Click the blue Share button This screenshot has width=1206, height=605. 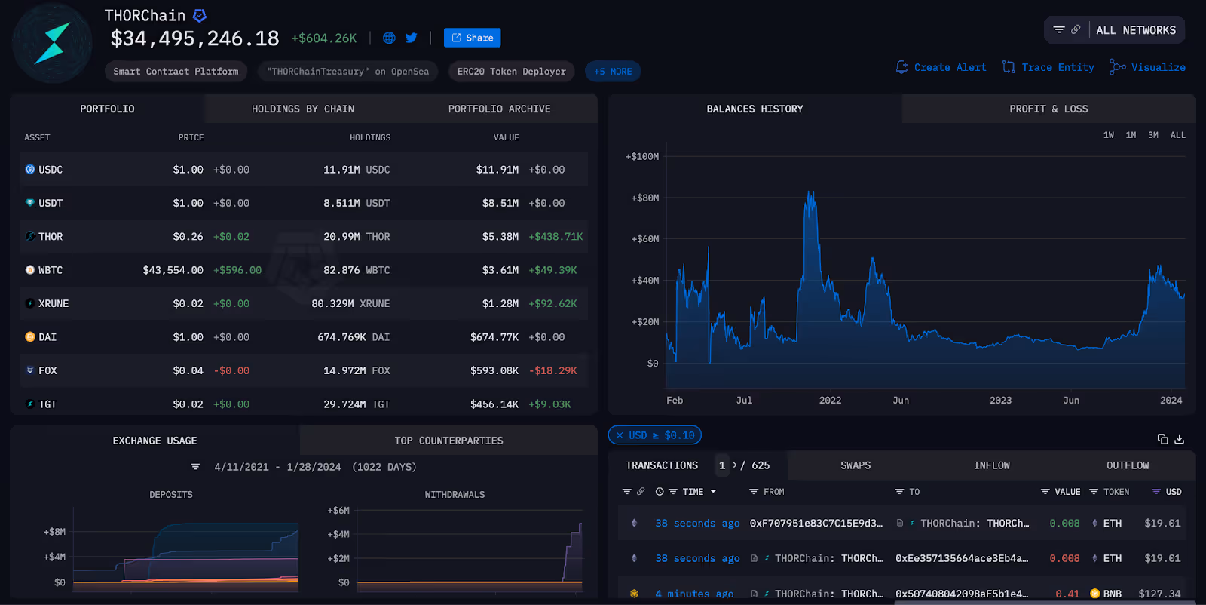472,38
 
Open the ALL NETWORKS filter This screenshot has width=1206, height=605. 1135,30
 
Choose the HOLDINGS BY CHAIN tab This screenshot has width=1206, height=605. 302,109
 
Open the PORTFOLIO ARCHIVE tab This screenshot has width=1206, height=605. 499,109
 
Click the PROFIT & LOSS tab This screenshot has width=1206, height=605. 1048,109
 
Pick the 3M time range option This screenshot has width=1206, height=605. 1153,135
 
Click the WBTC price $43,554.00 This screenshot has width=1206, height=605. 173,270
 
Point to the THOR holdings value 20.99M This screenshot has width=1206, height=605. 341,237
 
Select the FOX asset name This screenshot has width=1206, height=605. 47,371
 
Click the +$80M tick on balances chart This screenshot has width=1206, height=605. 644,198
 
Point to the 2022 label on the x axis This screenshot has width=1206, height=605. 830,401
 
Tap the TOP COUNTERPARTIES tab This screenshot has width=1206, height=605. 448,441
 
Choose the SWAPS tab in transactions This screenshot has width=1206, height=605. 856,465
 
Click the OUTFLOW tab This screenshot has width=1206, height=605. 1128,465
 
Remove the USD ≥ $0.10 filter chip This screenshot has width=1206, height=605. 620,435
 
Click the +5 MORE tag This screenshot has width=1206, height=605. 613,72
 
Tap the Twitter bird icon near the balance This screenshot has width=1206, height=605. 412,38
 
